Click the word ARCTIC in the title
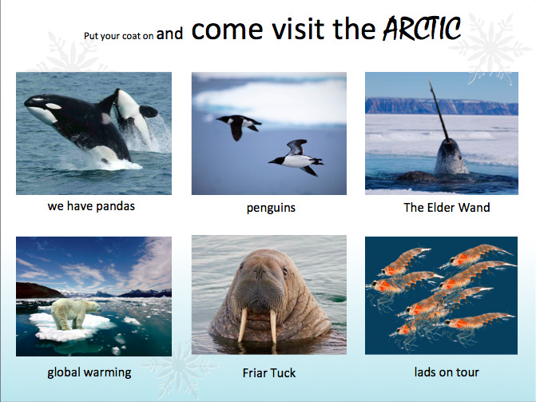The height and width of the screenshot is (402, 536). (x=422, y=28)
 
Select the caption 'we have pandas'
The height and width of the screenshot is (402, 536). (x=91, y=206)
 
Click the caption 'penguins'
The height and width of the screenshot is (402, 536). (x=271, y=208)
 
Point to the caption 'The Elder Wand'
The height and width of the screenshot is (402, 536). (x=447, y=207)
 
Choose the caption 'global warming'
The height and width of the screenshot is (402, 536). (x=89, y=372)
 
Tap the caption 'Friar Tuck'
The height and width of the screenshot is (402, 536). (x=269, y=373)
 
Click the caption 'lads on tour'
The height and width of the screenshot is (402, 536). (x=447, y=372)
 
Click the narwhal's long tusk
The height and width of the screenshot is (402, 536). (x=439, y=109)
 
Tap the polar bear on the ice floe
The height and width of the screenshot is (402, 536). (x=75, y=313)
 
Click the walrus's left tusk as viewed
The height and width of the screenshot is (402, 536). (x=242, y=324)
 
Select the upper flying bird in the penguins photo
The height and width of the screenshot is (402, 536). (x=239, y=125)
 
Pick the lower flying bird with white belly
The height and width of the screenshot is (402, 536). (x=296, y=157)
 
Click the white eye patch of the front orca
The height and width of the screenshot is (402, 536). (x=53, y=106)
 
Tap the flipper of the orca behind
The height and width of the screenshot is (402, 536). (x=149, y=111)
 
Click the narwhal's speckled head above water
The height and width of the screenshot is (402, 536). (x=451, y=157)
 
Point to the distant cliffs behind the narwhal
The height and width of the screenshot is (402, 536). (x=441, y=105)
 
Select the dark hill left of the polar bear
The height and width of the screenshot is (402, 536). (x=38, y=290)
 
